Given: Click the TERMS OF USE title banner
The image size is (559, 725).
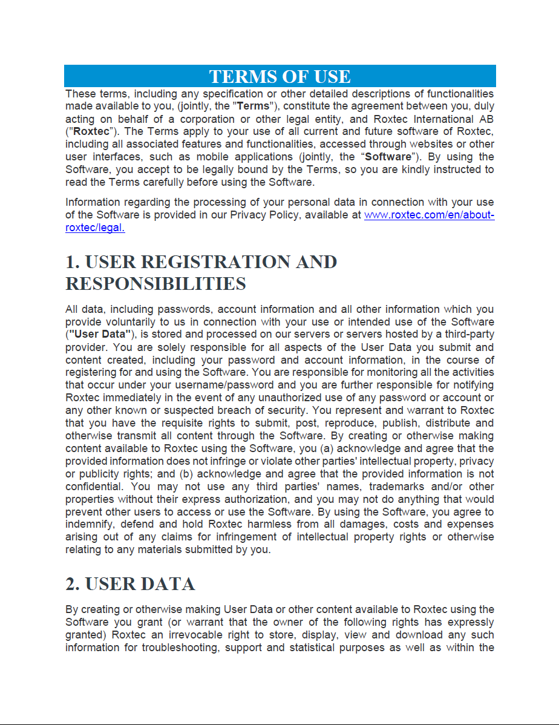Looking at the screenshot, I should (279, 76).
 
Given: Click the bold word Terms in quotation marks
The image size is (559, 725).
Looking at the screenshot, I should (253, 107).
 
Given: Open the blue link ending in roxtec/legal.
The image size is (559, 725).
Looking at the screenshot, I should (95, 228).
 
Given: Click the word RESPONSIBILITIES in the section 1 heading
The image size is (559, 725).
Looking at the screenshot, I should (155, 283).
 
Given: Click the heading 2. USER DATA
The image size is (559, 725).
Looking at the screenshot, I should (130, 584).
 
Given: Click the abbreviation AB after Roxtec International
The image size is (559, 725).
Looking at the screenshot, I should (486, 119).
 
